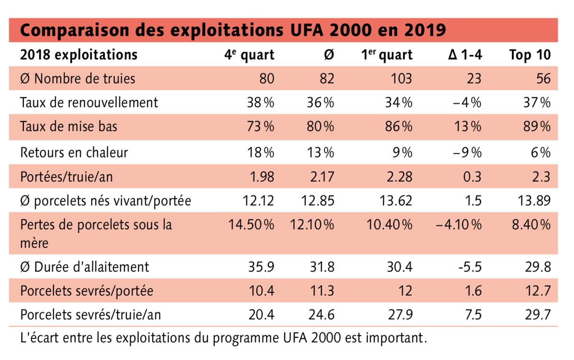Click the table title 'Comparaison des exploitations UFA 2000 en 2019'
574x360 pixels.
[233, 30]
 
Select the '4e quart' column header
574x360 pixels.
[249, 55]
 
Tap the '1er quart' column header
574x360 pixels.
[386, 55]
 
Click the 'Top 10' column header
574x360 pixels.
[530, 55]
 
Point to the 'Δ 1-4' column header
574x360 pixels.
[465, 55]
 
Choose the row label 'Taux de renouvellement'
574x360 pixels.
[89, 102]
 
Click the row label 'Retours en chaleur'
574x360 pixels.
[74, 152]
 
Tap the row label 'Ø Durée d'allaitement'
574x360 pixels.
[85, 266]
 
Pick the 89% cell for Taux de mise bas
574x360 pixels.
[537, 127]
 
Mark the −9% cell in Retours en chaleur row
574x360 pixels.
[466, 152]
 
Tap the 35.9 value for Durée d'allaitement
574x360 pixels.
[261, 266]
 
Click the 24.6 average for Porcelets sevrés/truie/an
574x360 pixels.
[321, 315]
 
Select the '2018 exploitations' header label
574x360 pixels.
[78, 55]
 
